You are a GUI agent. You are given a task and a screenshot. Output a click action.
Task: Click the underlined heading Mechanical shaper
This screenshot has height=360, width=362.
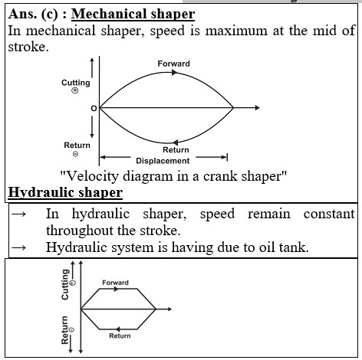tap(133, 15)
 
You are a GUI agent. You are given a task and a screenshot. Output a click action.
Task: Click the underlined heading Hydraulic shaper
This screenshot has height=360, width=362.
tap(65, 192)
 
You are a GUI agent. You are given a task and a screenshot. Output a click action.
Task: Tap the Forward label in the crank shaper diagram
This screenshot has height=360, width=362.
tap(173, 64)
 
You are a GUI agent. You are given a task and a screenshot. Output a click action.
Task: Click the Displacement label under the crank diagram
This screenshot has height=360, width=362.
tap(163, 161)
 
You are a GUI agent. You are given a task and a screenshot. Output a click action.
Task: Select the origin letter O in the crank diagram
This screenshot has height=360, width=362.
tap(94, 109)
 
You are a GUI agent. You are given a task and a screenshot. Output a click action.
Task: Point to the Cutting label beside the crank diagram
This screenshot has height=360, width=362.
tap(76, 83)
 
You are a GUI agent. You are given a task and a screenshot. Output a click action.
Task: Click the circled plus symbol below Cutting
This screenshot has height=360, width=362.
tap(74, 90)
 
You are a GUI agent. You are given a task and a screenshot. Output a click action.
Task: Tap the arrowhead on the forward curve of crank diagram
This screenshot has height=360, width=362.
tap(174, 73)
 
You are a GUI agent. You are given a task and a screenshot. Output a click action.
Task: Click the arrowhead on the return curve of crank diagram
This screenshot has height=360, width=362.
tap(176, 142)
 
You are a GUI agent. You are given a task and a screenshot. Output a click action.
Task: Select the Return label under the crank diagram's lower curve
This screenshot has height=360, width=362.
tap(176, 150)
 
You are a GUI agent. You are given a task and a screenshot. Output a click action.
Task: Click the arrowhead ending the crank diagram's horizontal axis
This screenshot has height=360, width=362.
tap(257, 108)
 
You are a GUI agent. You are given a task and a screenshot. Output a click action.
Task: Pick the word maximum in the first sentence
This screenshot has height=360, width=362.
tap(236, 31)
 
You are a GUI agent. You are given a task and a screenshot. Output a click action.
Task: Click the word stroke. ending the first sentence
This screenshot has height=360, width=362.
tap(28, 47)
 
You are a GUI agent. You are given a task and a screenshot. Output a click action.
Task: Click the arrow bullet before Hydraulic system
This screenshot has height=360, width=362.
tap(18, 247)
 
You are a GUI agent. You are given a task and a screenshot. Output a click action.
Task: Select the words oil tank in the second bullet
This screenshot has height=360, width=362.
tap(284, 247)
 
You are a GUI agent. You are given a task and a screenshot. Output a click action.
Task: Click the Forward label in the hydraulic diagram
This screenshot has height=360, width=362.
tap(115, 283)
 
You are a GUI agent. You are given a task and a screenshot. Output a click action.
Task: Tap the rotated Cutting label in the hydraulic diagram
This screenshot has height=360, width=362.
tap(65, 284)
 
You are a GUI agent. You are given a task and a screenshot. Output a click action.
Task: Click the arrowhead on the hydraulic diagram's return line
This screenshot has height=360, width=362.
tap(118, 329)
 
